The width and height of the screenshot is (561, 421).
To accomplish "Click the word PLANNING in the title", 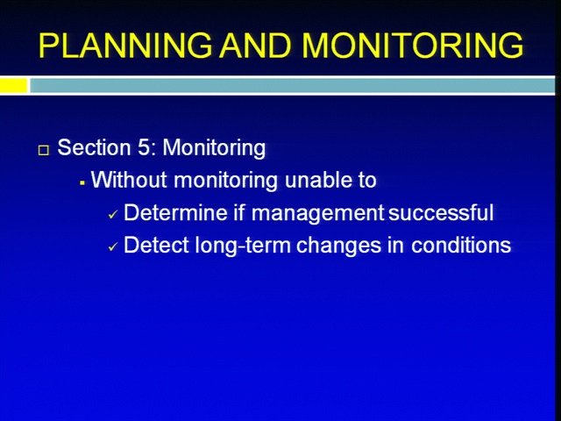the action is [125, 46].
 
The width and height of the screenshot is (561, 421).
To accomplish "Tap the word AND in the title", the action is [255, 46].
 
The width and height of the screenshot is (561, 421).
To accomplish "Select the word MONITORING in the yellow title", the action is [413, 46].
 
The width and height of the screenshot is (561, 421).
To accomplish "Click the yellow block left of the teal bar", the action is [14, 86].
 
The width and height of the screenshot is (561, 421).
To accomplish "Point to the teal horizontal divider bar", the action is [292, 86].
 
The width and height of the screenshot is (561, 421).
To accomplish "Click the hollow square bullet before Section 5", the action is [44, 150].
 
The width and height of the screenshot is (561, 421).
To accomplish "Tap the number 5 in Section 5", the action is [143, 147].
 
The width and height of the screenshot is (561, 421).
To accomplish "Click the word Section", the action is [94, 147].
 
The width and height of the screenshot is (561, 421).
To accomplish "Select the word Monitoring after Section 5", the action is [214, 148].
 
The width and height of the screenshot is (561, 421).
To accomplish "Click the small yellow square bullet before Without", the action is [82, 183].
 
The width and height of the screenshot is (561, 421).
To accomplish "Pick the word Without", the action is [129, 179].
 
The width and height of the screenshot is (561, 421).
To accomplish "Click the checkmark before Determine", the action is [113, 214].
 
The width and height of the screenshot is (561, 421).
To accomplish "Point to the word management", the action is [317, 213].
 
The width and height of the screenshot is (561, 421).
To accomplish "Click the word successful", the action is [441, 212].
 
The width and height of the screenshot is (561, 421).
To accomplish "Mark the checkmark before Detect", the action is [113, 247].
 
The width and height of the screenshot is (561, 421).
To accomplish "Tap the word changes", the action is [339, 246].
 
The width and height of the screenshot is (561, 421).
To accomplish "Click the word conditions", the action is [461, 246].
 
